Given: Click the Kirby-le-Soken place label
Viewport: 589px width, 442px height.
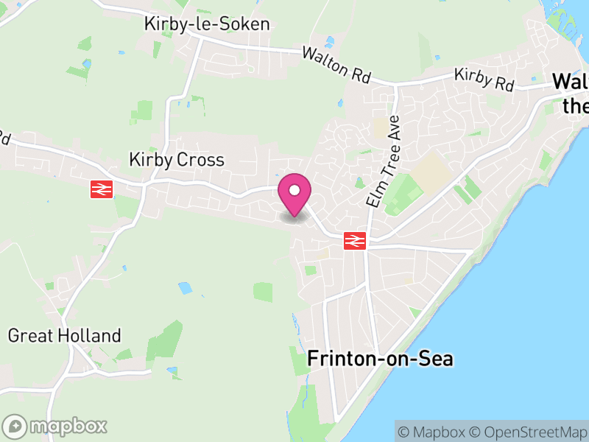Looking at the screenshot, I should [x=207, y=24].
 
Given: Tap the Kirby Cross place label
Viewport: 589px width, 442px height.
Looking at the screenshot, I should [x=176, y=159].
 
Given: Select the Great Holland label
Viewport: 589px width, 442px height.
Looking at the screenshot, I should [x=64, y=336].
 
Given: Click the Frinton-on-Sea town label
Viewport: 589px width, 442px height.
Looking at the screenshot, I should [x=380, y=359].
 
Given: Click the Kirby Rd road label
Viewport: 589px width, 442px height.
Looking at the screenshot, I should [x=483, y=80].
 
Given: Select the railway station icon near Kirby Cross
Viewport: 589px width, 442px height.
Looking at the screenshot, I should [x=102, y=189].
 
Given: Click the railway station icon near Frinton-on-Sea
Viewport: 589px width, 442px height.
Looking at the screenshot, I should [x=355, y=241].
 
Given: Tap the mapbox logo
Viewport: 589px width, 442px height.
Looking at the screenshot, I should [x=55, y=426].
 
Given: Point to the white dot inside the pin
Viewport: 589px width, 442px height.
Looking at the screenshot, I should [x=294, y=191].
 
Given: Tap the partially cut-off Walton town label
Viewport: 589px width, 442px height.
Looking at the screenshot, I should [x=571, y=92].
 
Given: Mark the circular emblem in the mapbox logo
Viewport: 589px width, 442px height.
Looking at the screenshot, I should [x=15, y=426].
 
